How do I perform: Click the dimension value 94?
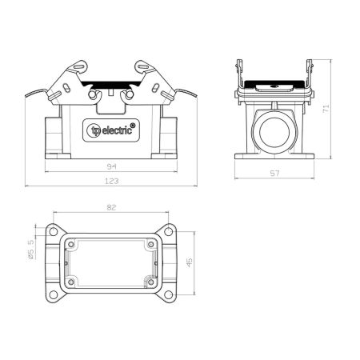tap(111, 167)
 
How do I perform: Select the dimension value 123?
tap(111, 182)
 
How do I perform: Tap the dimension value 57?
tap(274, 174)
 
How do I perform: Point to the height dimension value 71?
tap(326, 108)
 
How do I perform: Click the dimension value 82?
tap(111, 207)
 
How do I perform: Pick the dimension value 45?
tap(189, 262)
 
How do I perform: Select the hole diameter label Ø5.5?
tap(30, 250)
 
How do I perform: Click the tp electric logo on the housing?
tap(111, 130)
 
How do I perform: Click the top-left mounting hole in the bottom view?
tap(54, 231)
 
